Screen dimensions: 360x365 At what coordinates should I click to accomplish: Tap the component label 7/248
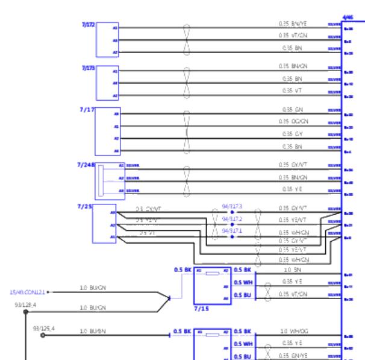[x=87, y=164]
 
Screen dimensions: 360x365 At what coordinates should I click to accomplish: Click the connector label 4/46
[x=348, y=19]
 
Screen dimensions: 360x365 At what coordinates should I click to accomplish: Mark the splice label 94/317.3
[x=232, y=206]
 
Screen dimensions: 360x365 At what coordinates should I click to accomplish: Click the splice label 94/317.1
[x=232, y=231]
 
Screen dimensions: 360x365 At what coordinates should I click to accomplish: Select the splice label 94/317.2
[x=232, y=218]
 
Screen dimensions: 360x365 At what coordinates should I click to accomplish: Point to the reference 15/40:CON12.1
[x=27, y=292]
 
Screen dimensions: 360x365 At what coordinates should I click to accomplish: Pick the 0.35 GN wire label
[x=292, y=109]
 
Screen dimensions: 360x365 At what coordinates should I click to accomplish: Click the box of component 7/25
[x=105, y=224]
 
